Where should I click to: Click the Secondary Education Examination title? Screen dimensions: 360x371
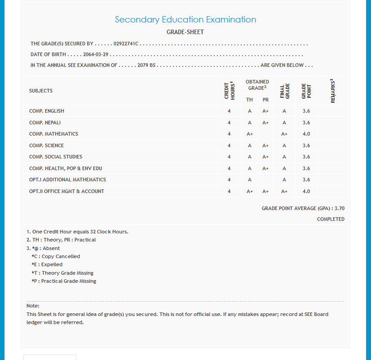(x=185, y=20)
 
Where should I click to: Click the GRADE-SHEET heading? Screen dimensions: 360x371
(x=185, y=32)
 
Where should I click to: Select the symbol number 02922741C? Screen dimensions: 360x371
(x=126, y=44)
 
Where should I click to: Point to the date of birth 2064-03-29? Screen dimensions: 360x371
(x=96, y=54)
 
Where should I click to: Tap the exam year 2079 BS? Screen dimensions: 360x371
(x=146, y=65)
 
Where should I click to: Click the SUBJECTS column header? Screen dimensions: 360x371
(x=41, y=91)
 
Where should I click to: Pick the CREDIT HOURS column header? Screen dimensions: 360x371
(x=229, y=90)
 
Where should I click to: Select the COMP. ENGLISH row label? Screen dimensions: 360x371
(x=47, y=111)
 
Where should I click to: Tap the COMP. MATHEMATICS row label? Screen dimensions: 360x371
(x=53, y=134)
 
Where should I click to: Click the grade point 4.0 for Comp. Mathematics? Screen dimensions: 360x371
(x=306, y=134)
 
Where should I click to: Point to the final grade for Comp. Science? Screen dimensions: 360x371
(x=284, y=145)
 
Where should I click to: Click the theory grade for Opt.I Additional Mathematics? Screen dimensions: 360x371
(x=250, y=180)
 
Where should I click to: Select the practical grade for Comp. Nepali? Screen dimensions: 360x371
(x=265, y=123)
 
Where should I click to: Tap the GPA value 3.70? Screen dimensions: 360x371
(x=340, y=208)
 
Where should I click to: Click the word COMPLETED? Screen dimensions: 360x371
(x=331, y=219)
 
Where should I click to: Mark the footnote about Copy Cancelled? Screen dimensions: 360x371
(x=56, y=256)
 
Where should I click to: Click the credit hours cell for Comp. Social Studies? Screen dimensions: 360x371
(x=229, y=157)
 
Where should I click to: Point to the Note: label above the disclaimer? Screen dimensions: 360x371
(x=33, y=306)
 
